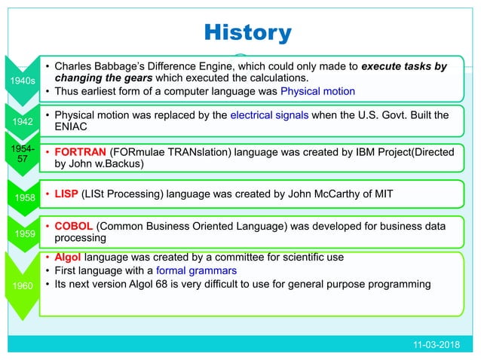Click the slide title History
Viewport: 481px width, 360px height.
click(x=248, y=33)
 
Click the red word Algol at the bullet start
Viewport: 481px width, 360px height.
click(x=69, y=257)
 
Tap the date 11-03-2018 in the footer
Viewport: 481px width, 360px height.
click(x=440, y=344)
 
